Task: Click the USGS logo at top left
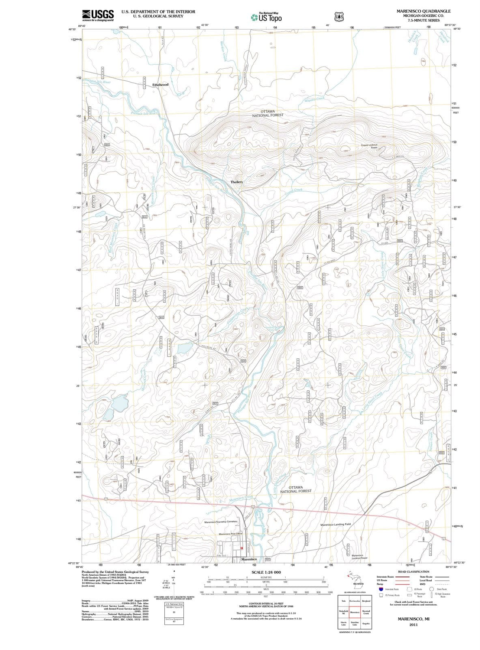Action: [97, 15]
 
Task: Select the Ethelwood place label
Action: [160, 84]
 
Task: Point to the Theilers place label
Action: [237, 182]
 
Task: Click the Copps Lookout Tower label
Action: [369, 146]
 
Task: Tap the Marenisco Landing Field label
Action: [336, 524]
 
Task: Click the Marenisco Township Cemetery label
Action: [221, 521]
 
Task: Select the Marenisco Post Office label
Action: [230, 533]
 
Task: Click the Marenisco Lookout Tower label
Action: [359, 557]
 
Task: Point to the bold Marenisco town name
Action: [249, 559]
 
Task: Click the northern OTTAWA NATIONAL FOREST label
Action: [268, 113]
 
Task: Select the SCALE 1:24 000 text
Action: [266, 572]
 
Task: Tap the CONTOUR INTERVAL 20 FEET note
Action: [266, 604]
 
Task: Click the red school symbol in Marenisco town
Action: [242, 548]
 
